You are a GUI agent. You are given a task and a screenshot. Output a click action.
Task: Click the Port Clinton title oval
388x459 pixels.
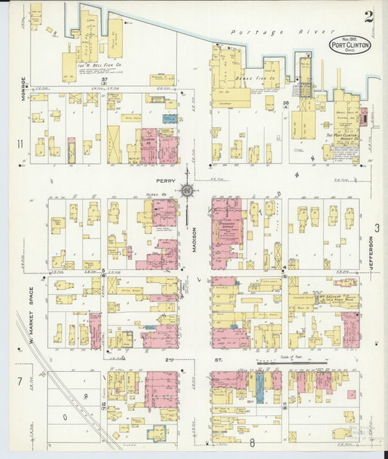click(350, 45)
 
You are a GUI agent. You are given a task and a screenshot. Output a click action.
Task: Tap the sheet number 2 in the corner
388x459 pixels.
click(370, 17)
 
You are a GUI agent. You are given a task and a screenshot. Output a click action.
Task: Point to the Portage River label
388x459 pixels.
click(266, 33)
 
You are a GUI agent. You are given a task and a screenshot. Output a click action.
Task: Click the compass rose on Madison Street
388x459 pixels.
click(187, 191)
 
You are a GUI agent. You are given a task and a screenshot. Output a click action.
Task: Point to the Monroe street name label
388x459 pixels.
click(23, 90)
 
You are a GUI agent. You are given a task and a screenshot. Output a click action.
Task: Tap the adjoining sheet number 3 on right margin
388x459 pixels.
click(377, 228)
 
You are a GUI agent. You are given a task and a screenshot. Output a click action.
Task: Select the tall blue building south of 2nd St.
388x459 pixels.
click(260, 387)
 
